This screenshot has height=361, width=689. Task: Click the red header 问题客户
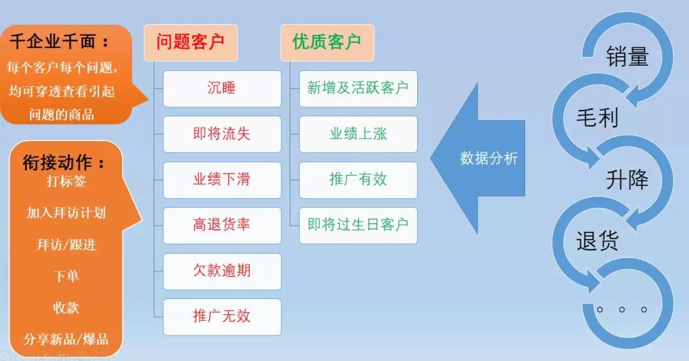pyautogui.click(x=190, y=42)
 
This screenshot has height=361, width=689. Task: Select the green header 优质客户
pyautogui.click(x=327, y=42)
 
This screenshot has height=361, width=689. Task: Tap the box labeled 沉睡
pyautogui.click(x=222, y=88)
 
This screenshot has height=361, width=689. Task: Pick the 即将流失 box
pyautogui.click(x=222, y=134)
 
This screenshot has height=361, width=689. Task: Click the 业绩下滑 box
pyautogui.click(x=222, y=180)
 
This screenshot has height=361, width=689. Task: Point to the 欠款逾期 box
pyautogui.click(x=222, y=271)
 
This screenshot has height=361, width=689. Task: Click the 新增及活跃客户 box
pyautogui.click(x=358, y=88)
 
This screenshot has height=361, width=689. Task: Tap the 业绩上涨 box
pyautogui.click(x=358, y=134)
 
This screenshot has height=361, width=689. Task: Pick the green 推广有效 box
pyautogui.click(x=358, y=180)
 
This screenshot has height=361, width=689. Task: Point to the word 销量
pyautogui.click(x=627, y=57)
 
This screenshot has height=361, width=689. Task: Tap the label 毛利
pyautogui.click(x=597, y=118)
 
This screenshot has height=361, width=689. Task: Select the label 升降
pyautogui.click(x=627, y=180)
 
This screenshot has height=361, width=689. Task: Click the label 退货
pyautogui.click(x=597, y=241)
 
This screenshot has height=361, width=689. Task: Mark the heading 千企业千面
pyautogui.click(x=59, y=42)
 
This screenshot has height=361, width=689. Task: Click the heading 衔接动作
pyautogui.click(x=64, y=163)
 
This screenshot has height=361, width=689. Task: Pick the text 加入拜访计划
pyautogui.click(x=66, y=213)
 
